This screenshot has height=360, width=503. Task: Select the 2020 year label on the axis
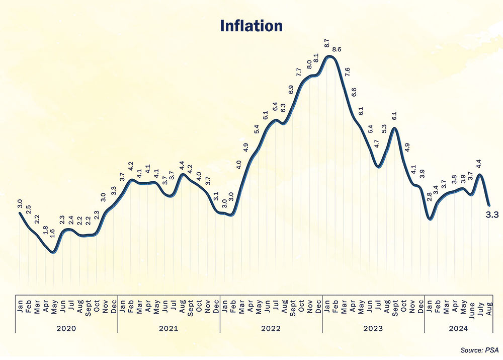66,328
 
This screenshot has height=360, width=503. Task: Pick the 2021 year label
169,328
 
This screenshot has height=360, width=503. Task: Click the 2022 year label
271,328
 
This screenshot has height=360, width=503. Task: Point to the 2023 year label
373,328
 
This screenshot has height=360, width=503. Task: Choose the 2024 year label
458,328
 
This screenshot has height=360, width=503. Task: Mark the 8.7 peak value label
327,44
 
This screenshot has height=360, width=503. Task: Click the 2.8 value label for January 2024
430,197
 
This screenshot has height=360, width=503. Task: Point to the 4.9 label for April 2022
246,148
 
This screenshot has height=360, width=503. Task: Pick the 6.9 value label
291,90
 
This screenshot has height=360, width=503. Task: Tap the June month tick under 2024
472,304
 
